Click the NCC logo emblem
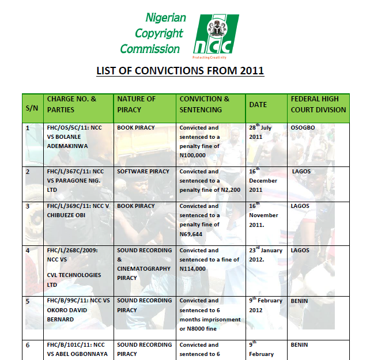tap(213, 35)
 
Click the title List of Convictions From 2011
tap(179, 71)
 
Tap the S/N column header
tap(32, 108)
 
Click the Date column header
tap(258, 105)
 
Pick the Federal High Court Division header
tap(318, 104)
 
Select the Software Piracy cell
tap(143, 172)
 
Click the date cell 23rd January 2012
tap(266, 255)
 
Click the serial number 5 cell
tap(28, 301)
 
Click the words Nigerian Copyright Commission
tap(153, 33)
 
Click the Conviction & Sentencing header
tap(204, 104)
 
